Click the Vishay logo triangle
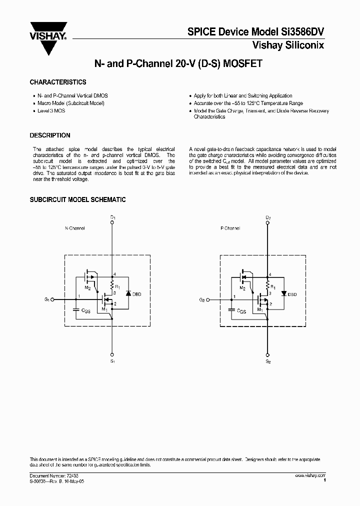pos(47,44)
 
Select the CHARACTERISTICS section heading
pos(58,82)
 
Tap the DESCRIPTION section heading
pos(50,135)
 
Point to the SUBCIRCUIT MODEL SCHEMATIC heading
pos(77,200)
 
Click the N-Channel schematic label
pos(75,228)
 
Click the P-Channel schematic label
pos(230,228)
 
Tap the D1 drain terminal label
pos(113,218)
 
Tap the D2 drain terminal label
pos(268,218)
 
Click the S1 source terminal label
pos(113,360)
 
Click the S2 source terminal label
pos(268,360)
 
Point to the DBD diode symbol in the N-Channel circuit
pos(128,294)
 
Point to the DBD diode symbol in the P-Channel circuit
pos(283,294)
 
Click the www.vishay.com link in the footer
pos(310,475)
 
